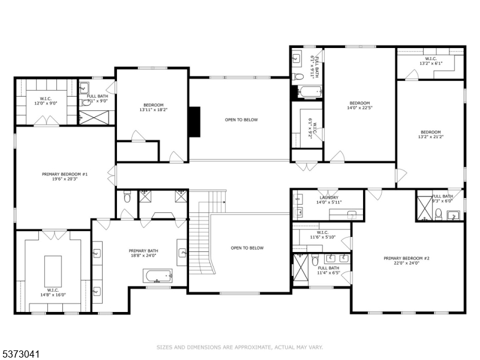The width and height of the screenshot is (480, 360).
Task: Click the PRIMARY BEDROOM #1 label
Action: coord(65,174)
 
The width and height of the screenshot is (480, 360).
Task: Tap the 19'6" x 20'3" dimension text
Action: coord(65,179)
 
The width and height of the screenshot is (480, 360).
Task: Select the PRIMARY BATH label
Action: coord(143,251)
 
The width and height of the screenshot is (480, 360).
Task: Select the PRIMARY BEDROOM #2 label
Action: coord(406,258)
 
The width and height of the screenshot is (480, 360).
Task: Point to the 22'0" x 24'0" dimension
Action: coord(406,263)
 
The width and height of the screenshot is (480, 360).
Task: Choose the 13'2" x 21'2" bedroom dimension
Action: coord(430,137)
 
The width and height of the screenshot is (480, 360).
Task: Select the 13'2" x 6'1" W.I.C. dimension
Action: coord(430,63)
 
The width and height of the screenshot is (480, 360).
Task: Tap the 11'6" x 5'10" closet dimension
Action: coord(322,238)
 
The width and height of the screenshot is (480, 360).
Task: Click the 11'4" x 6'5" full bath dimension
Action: coord(328,273)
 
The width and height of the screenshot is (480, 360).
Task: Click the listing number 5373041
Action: coord(20,355)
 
